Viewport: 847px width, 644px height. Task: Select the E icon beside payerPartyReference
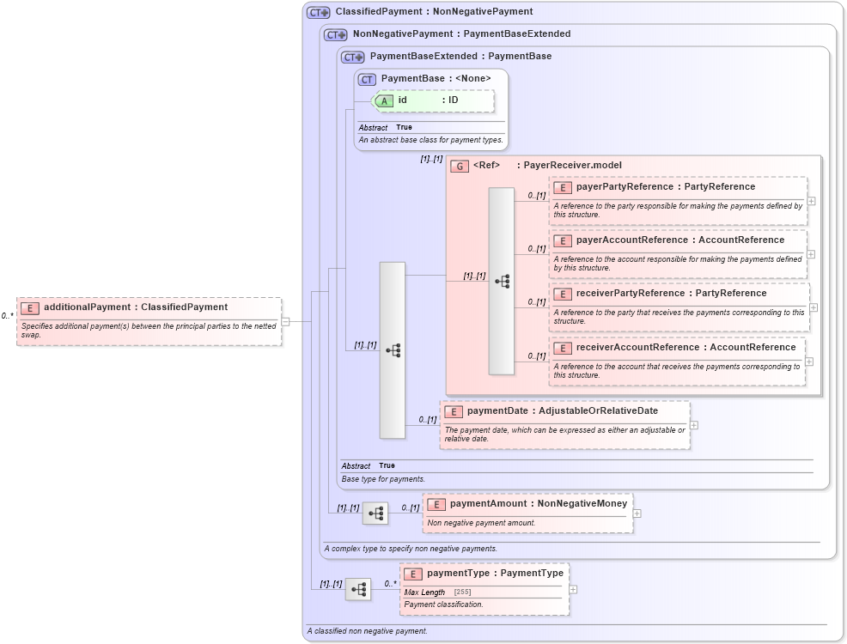point(563,187)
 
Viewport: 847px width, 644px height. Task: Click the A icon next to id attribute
point(385,100)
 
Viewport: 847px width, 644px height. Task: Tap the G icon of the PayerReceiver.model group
point(460,166)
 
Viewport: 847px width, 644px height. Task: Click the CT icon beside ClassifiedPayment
point(318,12)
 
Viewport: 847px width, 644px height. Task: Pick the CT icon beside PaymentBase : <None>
point(367,79)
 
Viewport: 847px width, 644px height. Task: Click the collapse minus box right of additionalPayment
point(285,322)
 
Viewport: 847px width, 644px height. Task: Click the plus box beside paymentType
point(573,589)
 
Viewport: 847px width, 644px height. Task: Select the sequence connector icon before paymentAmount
point(375,513)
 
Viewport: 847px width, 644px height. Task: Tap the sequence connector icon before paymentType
point(358,589)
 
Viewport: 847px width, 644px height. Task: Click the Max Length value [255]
point(462,592)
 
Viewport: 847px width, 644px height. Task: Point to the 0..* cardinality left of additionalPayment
point(7,316)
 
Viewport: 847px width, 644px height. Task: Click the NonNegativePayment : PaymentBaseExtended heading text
point(461,34)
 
